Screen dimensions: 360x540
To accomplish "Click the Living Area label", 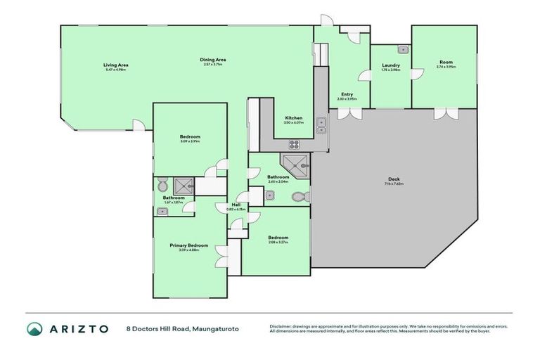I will (x=116, y=65).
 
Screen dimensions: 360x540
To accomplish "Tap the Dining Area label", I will (x=214, y=60).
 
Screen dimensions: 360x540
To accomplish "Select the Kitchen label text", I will (x=293, y=117).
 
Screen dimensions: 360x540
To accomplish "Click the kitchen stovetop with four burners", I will (x=293, y=145).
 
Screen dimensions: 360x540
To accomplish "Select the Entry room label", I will (x=347, y=94).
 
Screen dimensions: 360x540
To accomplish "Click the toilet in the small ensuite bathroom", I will (x=163, y=186).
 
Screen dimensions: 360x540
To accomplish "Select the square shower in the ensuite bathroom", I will (x=183, y=185).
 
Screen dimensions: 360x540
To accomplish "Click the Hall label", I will (x=236, y=205).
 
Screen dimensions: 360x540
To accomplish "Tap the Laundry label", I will (x=390, y=65).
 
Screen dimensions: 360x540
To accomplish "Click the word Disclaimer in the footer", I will (x=281, y=326).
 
